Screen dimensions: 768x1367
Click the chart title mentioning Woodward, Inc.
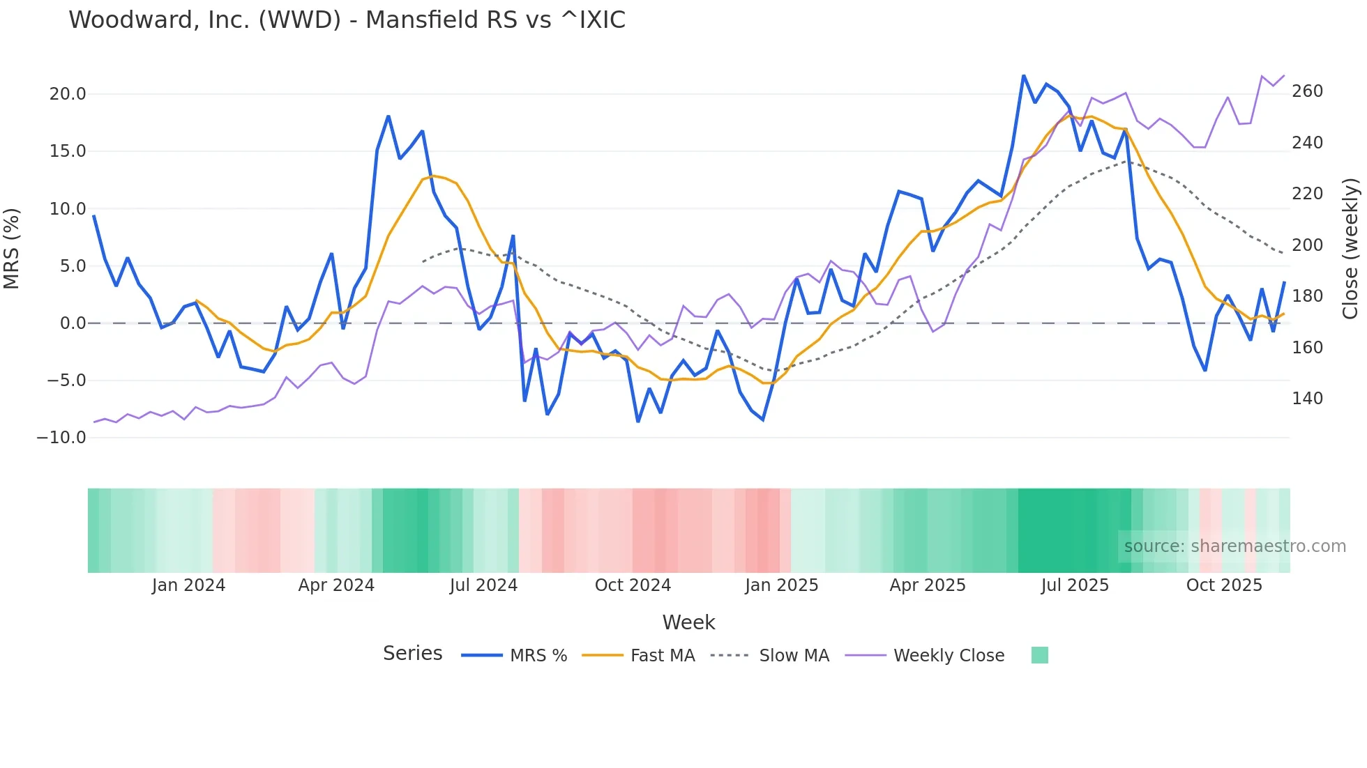347,20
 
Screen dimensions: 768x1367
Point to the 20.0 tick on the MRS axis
68,94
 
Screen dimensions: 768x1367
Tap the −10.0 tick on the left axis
61,438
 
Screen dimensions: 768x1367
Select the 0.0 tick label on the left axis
73,323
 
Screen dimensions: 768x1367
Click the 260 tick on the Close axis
1307,91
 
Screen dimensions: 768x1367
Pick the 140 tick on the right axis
1307,399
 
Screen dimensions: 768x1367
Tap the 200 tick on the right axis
1307,245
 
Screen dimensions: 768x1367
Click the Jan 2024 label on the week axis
188,585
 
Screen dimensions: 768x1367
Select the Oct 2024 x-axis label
633,585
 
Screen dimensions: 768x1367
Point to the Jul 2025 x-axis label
1075,585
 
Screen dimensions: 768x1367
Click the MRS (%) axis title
12,249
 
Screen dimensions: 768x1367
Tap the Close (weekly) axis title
1350,249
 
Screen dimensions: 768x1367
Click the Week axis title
688,622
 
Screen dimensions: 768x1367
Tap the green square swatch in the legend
1039,655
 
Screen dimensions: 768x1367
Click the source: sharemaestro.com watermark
1234,546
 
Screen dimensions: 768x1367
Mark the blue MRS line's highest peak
1023,75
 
